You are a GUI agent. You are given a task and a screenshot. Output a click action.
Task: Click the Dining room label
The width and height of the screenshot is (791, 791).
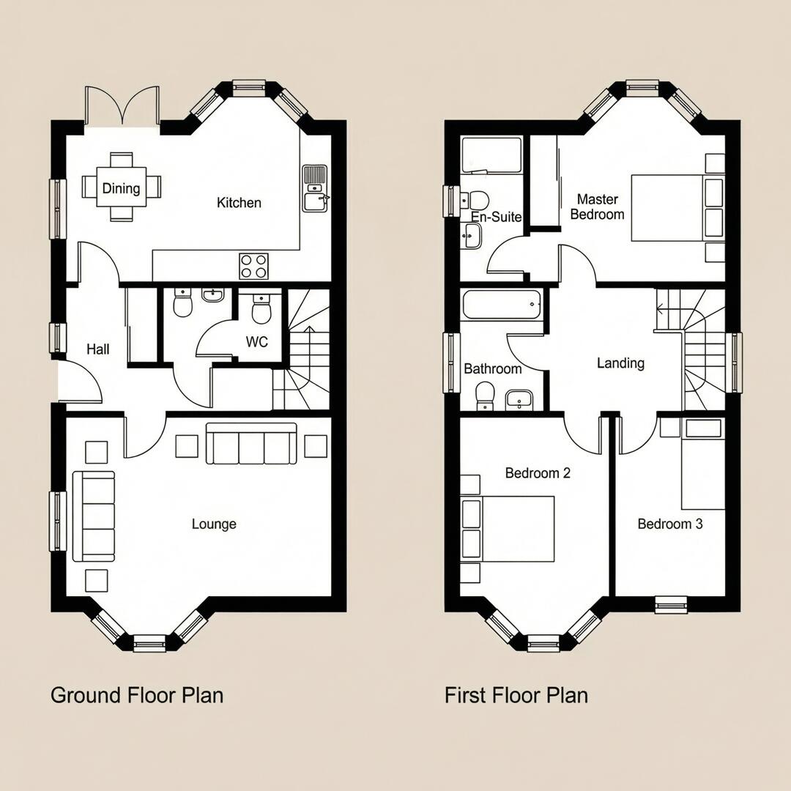coord(121,188)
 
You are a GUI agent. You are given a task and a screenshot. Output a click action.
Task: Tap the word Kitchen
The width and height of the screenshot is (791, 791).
coord(239,202)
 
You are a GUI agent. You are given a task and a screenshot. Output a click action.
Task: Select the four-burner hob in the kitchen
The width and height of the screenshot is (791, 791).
coord(253,266)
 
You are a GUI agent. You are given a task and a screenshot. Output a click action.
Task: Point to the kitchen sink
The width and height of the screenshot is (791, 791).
coord(315,188)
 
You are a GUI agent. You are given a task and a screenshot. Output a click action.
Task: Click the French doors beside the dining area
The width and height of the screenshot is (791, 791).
coord(122,107)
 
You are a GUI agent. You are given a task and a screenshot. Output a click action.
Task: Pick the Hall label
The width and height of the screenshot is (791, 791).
coord(97,349)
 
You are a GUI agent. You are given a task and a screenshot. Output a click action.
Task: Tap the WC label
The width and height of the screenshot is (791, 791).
coord(256,342)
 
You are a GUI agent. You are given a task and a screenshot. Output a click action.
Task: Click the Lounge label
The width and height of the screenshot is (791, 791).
coord(214,524)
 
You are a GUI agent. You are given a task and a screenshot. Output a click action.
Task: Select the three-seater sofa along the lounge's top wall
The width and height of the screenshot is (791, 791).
coord(251,444)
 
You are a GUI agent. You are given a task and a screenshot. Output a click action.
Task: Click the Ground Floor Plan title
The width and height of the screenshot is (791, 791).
coord(137,694)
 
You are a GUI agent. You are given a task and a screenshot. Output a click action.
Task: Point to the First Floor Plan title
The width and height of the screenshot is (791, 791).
coord(516,694)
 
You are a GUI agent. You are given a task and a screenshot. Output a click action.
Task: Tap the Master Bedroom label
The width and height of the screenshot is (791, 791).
coord(597,207)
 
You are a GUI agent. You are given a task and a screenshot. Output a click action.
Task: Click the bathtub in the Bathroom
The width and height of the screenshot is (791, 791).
coord(502,304)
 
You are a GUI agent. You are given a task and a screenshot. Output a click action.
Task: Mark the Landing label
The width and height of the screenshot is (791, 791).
coord(620,363)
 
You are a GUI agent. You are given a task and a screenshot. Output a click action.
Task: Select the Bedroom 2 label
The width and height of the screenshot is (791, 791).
coord(538,473)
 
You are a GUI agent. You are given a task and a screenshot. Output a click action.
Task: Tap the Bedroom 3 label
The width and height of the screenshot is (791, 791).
coord(669,524)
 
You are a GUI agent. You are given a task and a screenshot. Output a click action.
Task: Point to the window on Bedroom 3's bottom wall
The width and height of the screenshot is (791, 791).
coord(670,604)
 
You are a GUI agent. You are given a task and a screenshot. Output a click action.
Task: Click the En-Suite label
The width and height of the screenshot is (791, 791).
coord(496,217)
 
